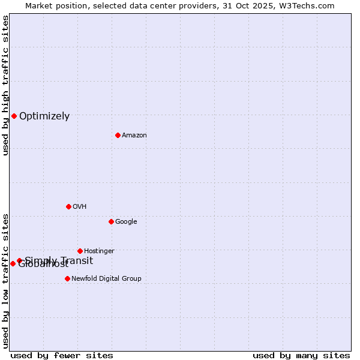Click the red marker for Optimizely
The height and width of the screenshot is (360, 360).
[14, 116]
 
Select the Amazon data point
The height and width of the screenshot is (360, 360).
[118, 135]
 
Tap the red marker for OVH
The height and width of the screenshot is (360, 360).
[68, 206]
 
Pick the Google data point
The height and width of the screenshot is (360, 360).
[111, 221]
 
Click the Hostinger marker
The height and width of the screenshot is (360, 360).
[80, 251]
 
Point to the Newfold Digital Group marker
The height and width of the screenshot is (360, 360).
[67, 278]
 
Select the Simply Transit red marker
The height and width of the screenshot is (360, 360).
[19, 260]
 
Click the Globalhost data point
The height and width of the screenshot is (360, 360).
[13, 263]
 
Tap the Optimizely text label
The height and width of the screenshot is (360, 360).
[44, 116]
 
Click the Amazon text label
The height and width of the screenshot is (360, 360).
[134, 136]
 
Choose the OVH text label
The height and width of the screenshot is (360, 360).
[80, 207]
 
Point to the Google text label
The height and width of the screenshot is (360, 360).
[126, 222]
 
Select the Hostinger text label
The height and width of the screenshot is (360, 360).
[99, 251]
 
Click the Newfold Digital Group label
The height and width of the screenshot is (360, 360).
[106, 279]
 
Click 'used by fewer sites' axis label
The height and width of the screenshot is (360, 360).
[62, 355]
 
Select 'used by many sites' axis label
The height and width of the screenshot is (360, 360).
[301, 355]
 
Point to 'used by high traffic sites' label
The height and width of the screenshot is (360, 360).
[5, 85]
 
